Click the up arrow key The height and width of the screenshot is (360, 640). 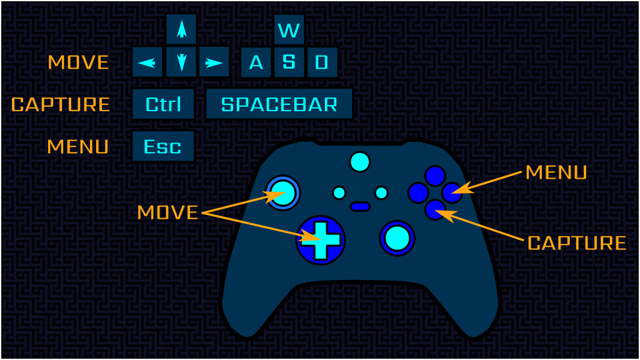(x=181, y=29)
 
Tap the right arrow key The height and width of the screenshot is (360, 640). (x=214, y=62)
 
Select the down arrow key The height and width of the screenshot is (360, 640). (x=181, y=62)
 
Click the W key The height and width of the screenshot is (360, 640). (x=289, y=29)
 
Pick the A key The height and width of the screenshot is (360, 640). (x=256, y=62)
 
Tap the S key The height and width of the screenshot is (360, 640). (x=289, y=62)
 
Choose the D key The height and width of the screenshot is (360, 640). (x=322, y=62)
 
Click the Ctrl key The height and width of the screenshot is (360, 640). (x=163, y=104)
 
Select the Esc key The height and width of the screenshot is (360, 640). (x=163, y=146)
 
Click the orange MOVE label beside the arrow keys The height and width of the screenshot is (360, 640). (x=78, y=62)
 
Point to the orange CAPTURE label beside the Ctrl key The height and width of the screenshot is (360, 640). (x=61, y=104)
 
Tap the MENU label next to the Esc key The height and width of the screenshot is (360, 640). (x=78, y=146)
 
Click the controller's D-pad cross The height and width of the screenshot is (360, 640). (x=321, y=241)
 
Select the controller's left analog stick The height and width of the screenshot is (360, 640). (x=283, y=192)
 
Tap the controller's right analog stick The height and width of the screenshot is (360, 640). (x=397, y=238)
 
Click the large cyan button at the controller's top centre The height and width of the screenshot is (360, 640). (x=360, y=162)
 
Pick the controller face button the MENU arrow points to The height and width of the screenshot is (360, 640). (x=452, y=192)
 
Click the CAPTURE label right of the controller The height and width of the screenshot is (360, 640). (x=577, y=243)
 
